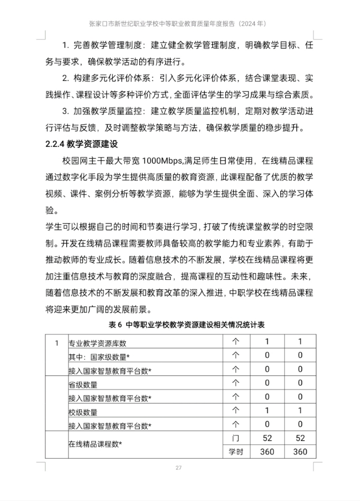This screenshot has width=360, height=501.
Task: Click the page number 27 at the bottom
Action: click(x=179, y=468)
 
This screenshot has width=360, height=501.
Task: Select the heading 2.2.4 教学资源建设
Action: click(x=82, y=144)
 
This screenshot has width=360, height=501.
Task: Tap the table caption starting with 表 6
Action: click(x=187, y=325)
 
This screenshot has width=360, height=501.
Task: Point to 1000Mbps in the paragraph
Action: click(x=162, y=161)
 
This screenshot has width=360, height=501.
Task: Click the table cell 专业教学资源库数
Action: click(x=97, y=343)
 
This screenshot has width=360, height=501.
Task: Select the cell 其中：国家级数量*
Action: click(x=99, y=357)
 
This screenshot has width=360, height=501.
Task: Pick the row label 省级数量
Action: click(x=83, y=385)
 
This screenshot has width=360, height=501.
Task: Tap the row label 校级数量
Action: click(x=83, y=412)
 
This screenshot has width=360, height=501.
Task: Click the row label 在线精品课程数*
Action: click(x=95, y=444)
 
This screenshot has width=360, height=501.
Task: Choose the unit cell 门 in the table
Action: click(x=236, y=438)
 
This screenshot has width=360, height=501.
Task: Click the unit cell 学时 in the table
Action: click(x=236, y=452)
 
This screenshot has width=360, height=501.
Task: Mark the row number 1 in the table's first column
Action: click(x=57, y=343)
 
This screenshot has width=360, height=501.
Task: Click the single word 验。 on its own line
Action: click(x=52, y=210)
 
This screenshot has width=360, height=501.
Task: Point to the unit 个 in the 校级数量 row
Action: click(x=236, y=410)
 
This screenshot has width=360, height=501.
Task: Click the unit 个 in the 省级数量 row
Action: click(x=236, y=383)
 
